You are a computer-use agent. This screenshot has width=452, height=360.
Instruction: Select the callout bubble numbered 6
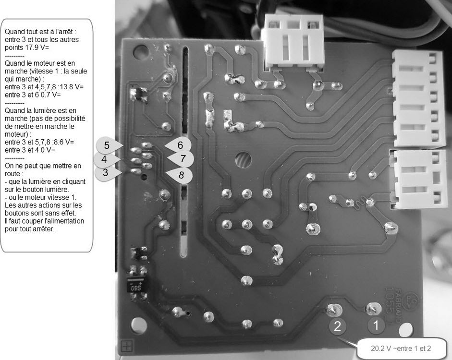pyautogui.click(x=179, y=145)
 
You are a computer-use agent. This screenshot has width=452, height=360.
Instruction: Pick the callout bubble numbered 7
pyautogui.click(x=181, y=158)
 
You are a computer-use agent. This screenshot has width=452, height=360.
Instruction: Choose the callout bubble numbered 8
pyautogui.click(x=180, y=175)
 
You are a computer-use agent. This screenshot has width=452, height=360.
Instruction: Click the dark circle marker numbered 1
pyautogui.click(x=376, y=326)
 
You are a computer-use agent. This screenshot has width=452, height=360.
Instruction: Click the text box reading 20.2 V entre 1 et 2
pyautogui.click(x=400, y=348)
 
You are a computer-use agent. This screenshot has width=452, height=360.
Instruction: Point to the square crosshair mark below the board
pyautogui.click(x=127, y=346)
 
